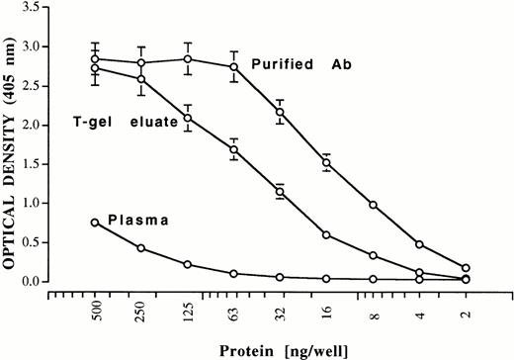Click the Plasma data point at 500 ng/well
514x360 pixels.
pos(95,223)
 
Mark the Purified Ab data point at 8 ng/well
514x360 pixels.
pos(373,205)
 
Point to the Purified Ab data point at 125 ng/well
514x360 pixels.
pos(188,58)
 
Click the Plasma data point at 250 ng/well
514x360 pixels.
pos(141,247)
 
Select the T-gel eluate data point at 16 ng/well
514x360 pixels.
pos(326,234)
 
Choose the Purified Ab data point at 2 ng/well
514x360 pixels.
pos(466,268)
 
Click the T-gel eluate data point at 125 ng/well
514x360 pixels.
pos(188,118)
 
